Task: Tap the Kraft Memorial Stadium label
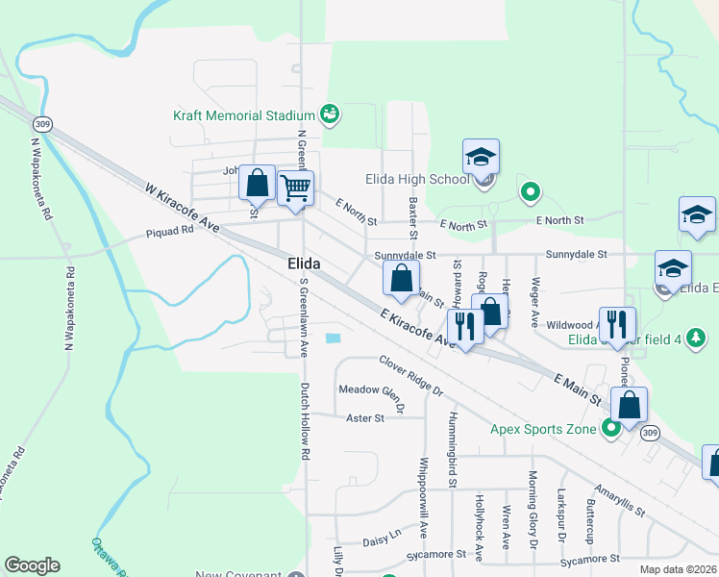[244, 115]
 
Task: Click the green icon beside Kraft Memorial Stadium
[330, 115]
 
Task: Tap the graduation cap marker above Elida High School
[482, 157]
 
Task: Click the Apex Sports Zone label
[543, 429]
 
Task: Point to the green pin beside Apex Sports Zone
[610, 429]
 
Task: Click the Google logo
[32, 565]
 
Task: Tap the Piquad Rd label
[170, 232]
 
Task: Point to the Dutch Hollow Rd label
[305, 420]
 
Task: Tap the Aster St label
[364, 418]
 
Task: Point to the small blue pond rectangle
[334, 339]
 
